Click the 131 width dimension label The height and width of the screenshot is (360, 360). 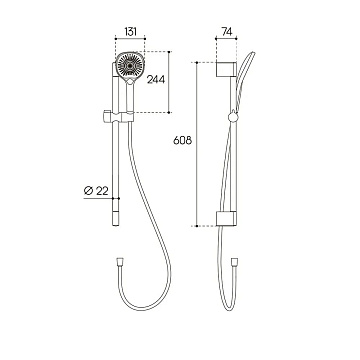[130, 32]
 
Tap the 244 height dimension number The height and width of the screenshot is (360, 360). [156, 79]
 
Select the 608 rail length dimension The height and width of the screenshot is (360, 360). [183, 140]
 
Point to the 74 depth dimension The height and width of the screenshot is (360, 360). [226, 32]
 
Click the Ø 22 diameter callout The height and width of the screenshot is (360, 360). [96, 191]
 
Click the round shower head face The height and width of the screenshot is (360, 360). [130, 66]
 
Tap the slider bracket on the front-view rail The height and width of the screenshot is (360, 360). [118, 116]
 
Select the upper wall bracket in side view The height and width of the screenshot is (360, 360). [226, 69]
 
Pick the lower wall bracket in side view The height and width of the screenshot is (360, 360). [226, 218]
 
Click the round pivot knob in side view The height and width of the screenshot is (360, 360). [233, 117]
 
